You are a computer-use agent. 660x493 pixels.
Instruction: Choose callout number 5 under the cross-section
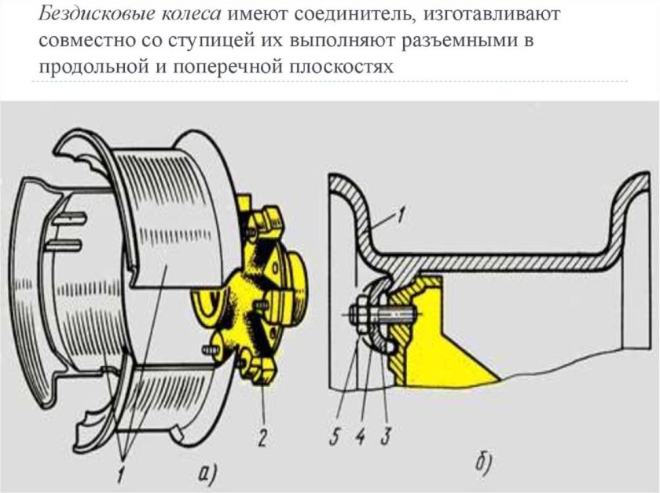point(335,436)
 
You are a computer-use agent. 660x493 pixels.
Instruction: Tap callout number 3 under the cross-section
point(385,436)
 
